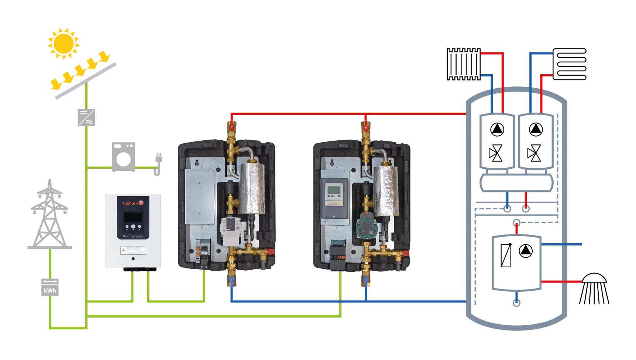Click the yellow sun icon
click(x=63, y=43)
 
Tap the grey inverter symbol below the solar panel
click(x=86, y=117)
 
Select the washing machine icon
click(x=123, y=157)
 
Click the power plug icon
click(x=158, y=164)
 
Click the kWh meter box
click(x=50, y=287)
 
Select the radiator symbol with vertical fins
click(x=463, y=64)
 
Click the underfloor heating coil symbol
click(x=570, y=64)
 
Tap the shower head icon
click(x=594, y=288)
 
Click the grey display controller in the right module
click(x=334, y=196)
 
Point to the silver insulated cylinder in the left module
click(x=252, y=188)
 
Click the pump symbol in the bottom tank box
click(x=526, y=251)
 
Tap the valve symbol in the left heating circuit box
click(x=495, y=154)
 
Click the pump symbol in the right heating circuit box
click(x=535, y=129)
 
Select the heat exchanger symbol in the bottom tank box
click(x=506, y=255)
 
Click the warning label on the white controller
click(x=133, y=251)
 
